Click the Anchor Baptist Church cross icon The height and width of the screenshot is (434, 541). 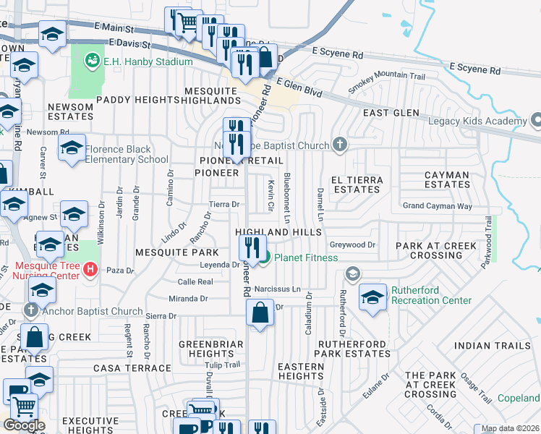tap(30, 311)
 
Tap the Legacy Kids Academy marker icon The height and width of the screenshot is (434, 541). tap(535, 119)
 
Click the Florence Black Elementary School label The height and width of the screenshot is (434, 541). tap(127, 155)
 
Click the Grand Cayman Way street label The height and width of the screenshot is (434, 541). tap(437, 206)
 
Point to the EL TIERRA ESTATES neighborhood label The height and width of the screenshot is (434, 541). tap(355, 184)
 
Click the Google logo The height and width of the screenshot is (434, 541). tap(24, 425)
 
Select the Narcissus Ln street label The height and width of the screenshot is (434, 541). tap(276, 289)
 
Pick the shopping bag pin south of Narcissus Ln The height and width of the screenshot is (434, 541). tap(260, 313)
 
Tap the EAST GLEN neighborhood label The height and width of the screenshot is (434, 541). tap(391, 113)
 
